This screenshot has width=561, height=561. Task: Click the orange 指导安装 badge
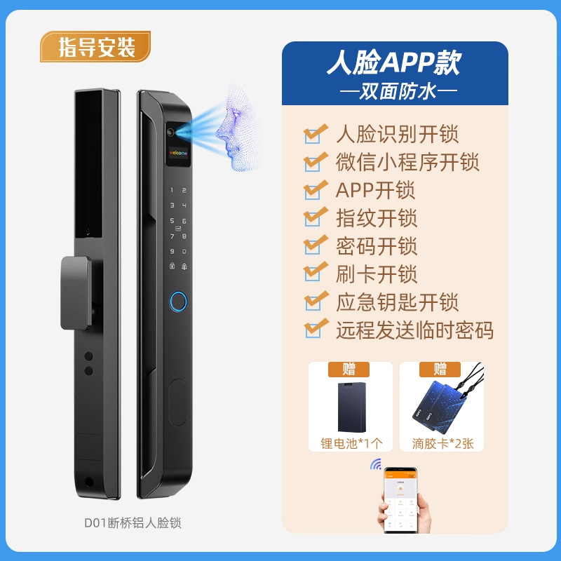95,48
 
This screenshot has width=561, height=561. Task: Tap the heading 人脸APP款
394,65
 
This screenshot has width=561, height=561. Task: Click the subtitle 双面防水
394,91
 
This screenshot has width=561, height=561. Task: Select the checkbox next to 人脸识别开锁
315,133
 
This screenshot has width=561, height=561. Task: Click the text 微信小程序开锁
407,162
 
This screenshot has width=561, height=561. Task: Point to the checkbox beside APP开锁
315,190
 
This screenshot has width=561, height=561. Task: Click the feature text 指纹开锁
377,218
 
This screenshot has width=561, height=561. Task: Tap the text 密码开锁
377,246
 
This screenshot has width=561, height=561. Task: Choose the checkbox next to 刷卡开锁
315,273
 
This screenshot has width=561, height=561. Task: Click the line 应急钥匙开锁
397,302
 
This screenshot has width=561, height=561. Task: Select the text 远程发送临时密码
414,330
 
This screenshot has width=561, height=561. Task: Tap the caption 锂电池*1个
351,443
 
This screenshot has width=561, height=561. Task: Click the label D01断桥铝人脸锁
133,523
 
